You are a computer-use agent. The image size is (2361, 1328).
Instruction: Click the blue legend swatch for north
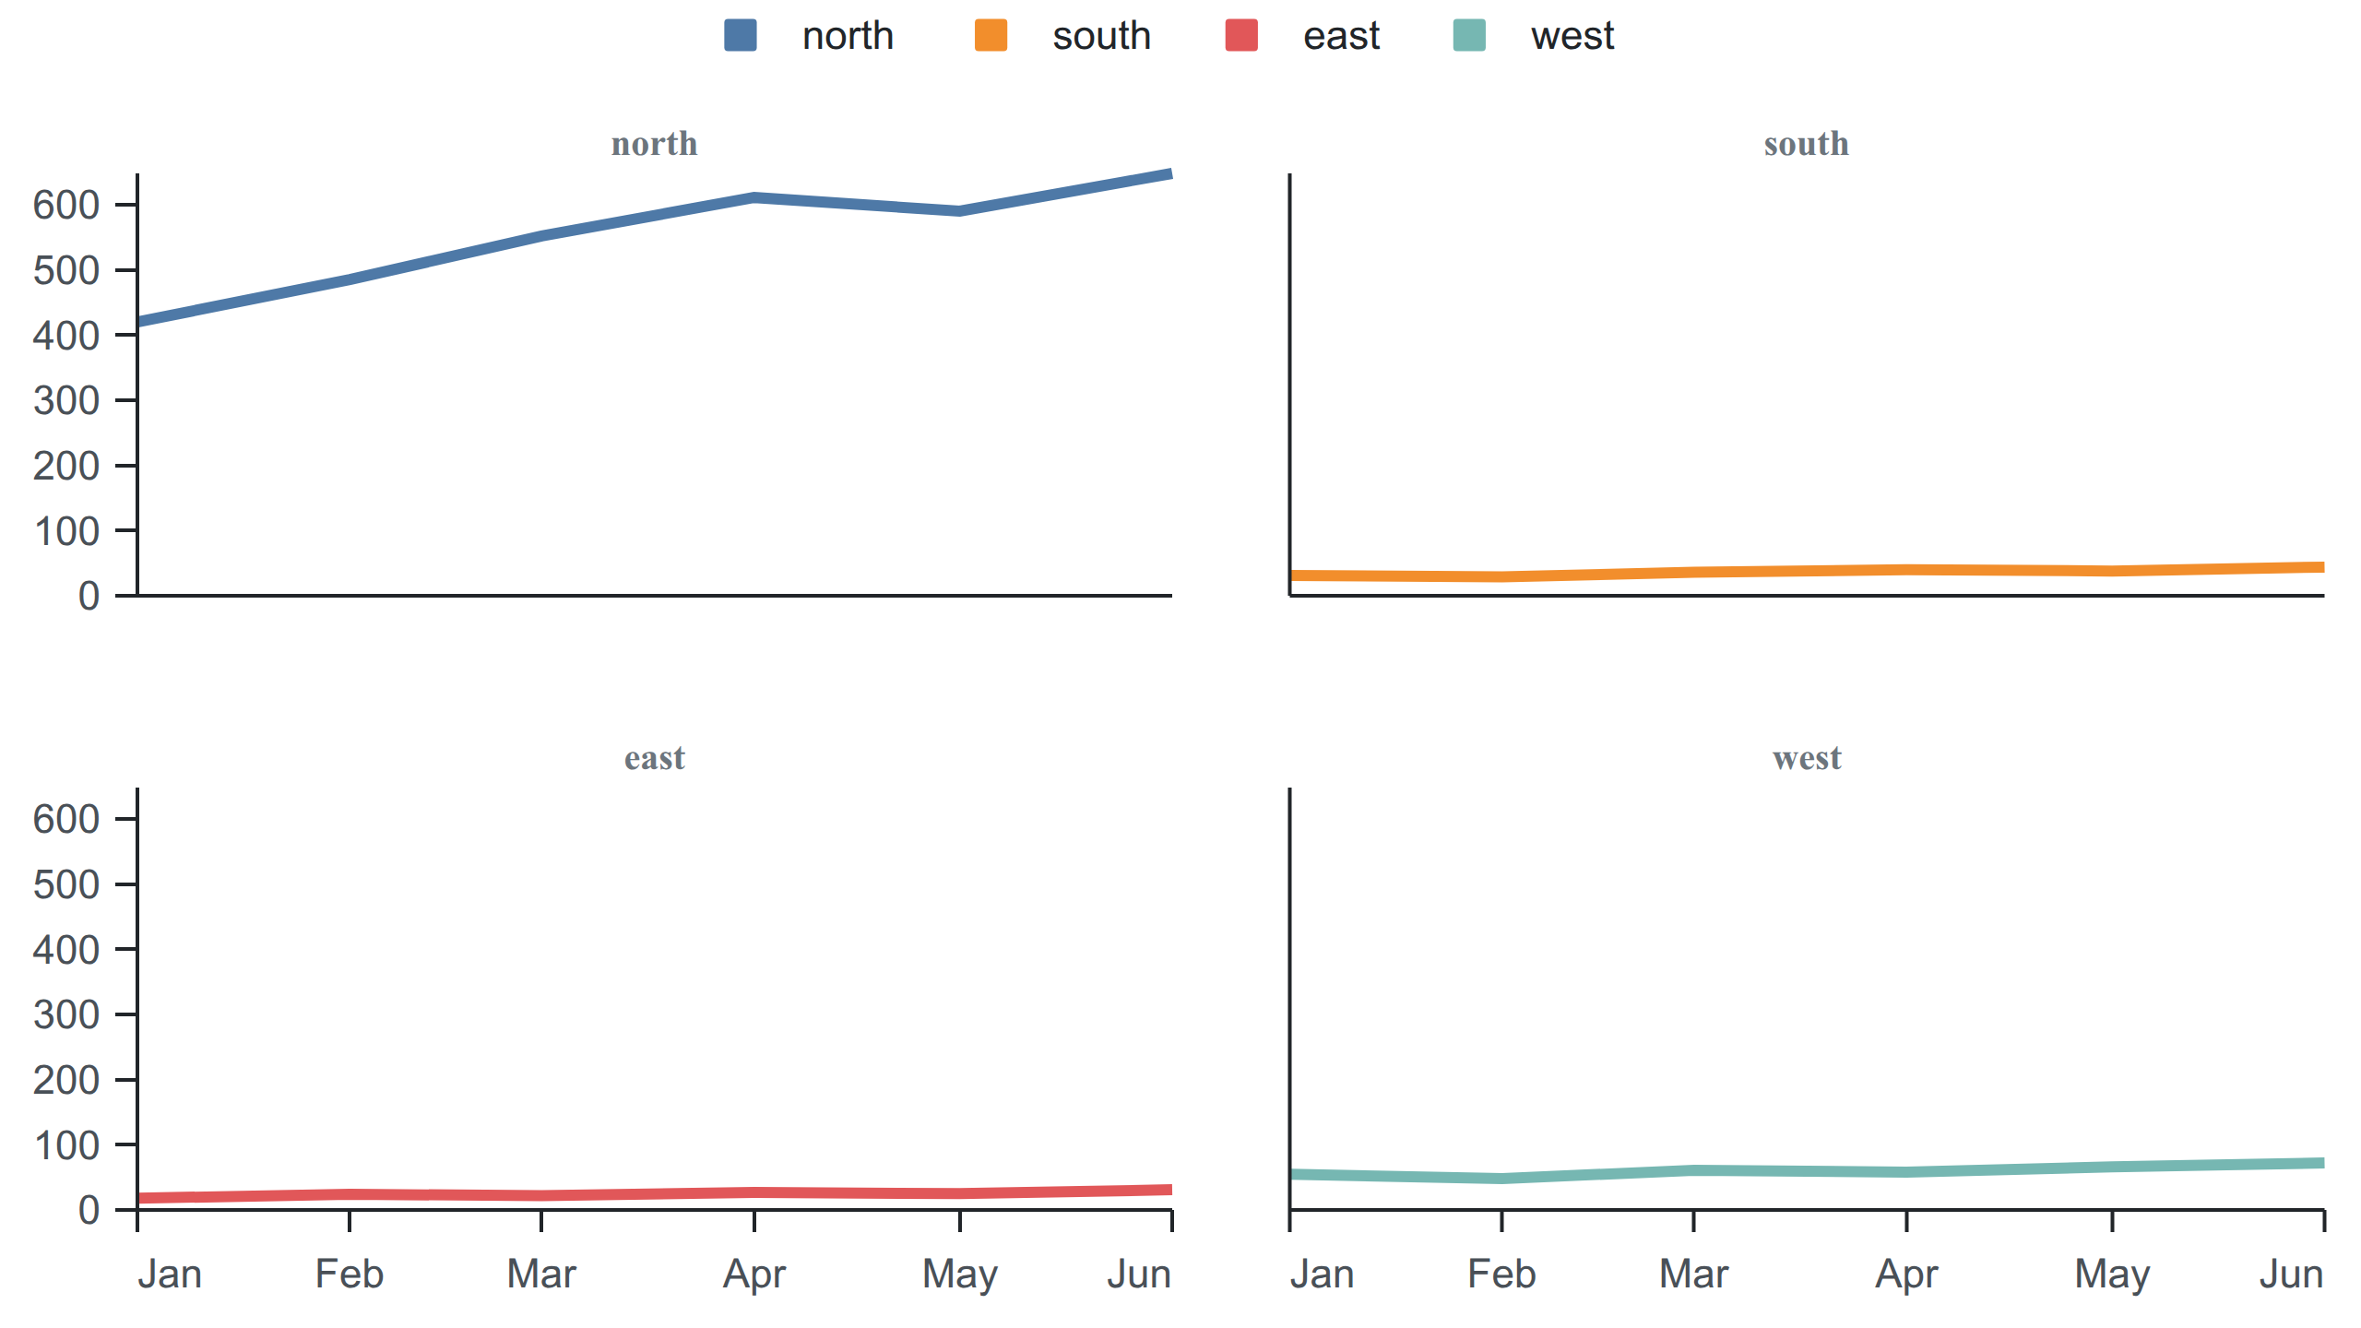click(740, 36)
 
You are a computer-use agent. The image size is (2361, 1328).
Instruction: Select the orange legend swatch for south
click(991, 36)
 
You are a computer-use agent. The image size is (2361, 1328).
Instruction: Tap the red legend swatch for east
click(1241, 36)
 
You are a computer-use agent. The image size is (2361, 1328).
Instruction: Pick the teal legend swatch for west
click(1469, 36)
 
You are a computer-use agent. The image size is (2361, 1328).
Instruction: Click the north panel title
click(655, 144)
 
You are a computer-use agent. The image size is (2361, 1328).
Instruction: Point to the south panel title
click(1807, 144)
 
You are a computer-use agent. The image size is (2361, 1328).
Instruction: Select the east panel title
click(655, 758)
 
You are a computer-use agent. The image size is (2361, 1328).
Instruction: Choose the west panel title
click(1807, 758)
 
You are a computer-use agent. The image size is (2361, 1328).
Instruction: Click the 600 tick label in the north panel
click(66, 205)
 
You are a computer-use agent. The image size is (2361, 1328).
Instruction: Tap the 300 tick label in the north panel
click(66, 400)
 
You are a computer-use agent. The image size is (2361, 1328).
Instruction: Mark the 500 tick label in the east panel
click(66, 884)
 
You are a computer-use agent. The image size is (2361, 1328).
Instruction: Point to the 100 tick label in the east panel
click(66, 1145)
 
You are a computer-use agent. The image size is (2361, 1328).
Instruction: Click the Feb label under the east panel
click(350, 1275)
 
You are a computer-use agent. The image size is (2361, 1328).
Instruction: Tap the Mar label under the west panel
click(1693, 1275)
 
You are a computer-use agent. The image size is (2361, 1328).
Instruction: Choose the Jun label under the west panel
click(2291, 1275)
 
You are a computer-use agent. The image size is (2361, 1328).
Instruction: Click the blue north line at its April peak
click(754, 197)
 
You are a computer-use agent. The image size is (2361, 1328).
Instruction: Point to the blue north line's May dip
click(960, 211)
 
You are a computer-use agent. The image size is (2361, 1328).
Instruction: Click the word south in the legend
click(1101, 36)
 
